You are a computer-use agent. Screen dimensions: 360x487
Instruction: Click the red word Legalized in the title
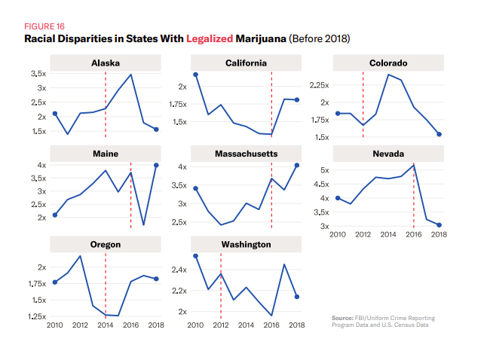[x=213, y=38]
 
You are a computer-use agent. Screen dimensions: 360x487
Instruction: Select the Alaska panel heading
[x=106, y=63]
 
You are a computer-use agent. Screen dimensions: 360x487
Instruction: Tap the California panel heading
[x=246, y=63]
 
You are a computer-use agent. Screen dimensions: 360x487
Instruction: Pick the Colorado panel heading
[x=388, y=63]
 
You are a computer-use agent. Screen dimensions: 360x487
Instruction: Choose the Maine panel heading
[x=106, y=154]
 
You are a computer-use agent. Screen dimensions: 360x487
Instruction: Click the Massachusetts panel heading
[x=246, y=154]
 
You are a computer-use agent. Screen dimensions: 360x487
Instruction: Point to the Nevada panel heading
[x=388, y=154]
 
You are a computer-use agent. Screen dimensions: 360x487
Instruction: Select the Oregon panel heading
[x=106, y=245]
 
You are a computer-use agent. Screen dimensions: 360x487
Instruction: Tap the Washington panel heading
[x=246, y=245]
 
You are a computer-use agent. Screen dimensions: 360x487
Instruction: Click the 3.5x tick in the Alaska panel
[x=37, y=74]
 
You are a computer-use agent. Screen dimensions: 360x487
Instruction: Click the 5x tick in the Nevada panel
[x=323, y=170]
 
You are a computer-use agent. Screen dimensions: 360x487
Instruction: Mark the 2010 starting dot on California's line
[x=195, y=75]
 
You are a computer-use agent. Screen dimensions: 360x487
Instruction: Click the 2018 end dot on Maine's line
[x=156, y=165]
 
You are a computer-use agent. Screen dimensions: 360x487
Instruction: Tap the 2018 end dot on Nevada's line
[x=439, y=225]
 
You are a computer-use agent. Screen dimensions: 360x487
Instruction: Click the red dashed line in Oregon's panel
[x=106, y=286]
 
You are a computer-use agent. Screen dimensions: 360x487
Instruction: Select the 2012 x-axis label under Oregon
[x=80, y=325]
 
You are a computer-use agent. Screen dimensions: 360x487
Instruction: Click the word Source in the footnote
[x=343, y=318]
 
